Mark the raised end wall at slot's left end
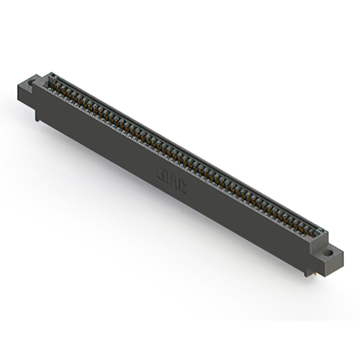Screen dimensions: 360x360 pos(48,79)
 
